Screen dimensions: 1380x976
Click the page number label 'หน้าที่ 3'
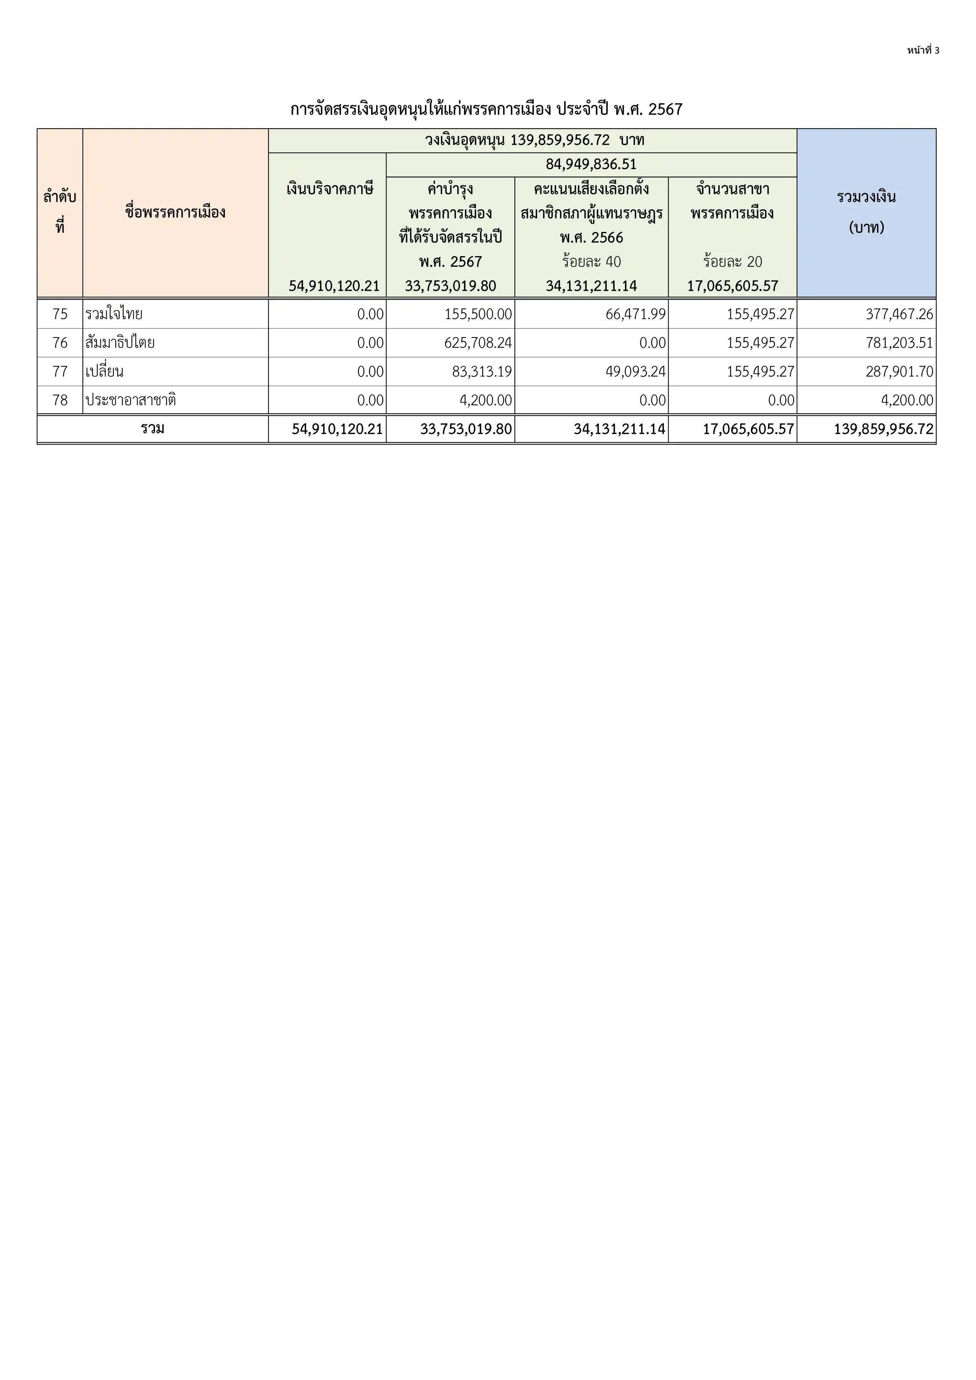[x=923, y=50]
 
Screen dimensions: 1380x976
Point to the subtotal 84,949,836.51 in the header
[x=591, y=164]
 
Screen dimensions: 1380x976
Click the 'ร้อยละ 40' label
[x=591, y=262]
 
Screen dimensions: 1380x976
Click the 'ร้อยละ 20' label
[x=732, y=262]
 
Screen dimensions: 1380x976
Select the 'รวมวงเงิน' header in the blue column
[x=866, y=197]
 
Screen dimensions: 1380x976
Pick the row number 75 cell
[x=60, y=314]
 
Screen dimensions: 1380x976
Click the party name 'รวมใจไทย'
[x=114, y=314]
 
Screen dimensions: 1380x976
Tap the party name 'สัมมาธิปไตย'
[x=120, y=343]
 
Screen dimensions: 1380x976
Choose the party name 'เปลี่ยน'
[x=105, y=371]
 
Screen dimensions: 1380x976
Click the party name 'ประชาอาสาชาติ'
[x=131, y=400]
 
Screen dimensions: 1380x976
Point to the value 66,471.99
[x=635, y=314]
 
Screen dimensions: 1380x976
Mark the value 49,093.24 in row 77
[x=635, y=371]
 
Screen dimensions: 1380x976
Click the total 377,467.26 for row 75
[x=899, y=314]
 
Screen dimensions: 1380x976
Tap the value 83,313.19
[x=482, y=371]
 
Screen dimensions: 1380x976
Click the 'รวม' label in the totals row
[x=153, y=428]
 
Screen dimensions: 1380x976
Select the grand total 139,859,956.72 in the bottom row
[x=884, y=429]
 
